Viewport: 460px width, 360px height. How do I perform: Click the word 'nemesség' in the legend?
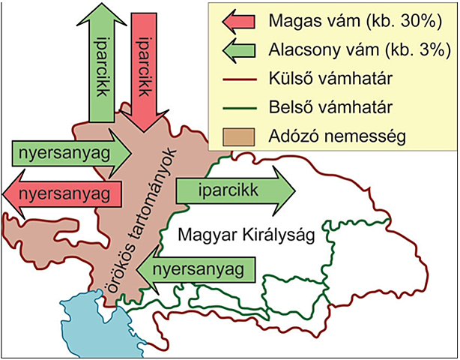coord(366,137)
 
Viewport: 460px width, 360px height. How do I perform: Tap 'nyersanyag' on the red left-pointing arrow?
coord(59,193)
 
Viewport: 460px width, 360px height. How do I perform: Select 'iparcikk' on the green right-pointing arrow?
coord(228,190)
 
